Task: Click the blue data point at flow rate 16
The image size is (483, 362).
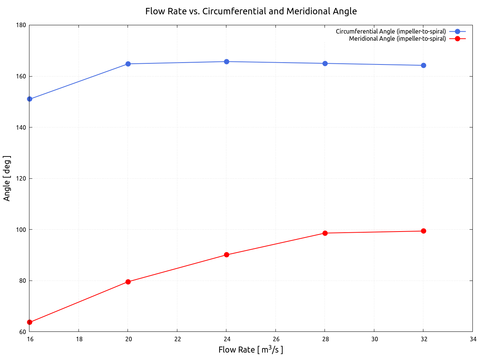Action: coord(30,99)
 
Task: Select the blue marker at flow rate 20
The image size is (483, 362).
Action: coord(128,64)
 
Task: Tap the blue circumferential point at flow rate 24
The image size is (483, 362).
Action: coord(226,61)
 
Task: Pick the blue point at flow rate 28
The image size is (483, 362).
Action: coord(325,63)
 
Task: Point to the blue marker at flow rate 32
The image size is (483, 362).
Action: coord(423,65)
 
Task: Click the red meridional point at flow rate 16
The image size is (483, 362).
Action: coord(30,322)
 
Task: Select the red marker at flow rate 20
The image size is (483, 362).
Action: coord(128,282)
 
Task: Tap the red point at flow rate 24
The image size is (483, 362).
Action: coord(226,255)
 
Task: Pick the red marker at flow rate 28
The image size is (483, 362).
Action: coord(325,233)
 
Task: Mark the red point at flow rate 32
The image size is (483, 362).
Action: coord(423,231)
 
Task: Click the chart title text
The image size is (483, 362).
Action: coord(251,11)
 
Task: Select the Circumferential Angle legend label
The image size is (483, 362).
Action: coord(391,31)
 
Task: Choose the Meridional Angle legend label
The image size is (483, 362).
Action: coord(397,38)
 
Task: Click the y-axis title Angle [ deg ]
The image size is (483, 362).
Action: coord(7,178)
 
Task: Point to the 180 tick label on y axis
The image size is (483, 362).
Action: coord(21,25)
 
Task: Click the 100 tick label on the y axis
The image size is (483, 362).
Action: coord(21,230)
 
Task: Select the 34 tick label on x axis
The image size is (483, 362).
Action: coord(473,339)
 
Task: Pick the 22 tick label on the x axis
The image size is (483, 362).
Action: coord(177,339)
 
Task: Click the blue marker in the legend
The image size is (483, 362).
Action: coord(457,31)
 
